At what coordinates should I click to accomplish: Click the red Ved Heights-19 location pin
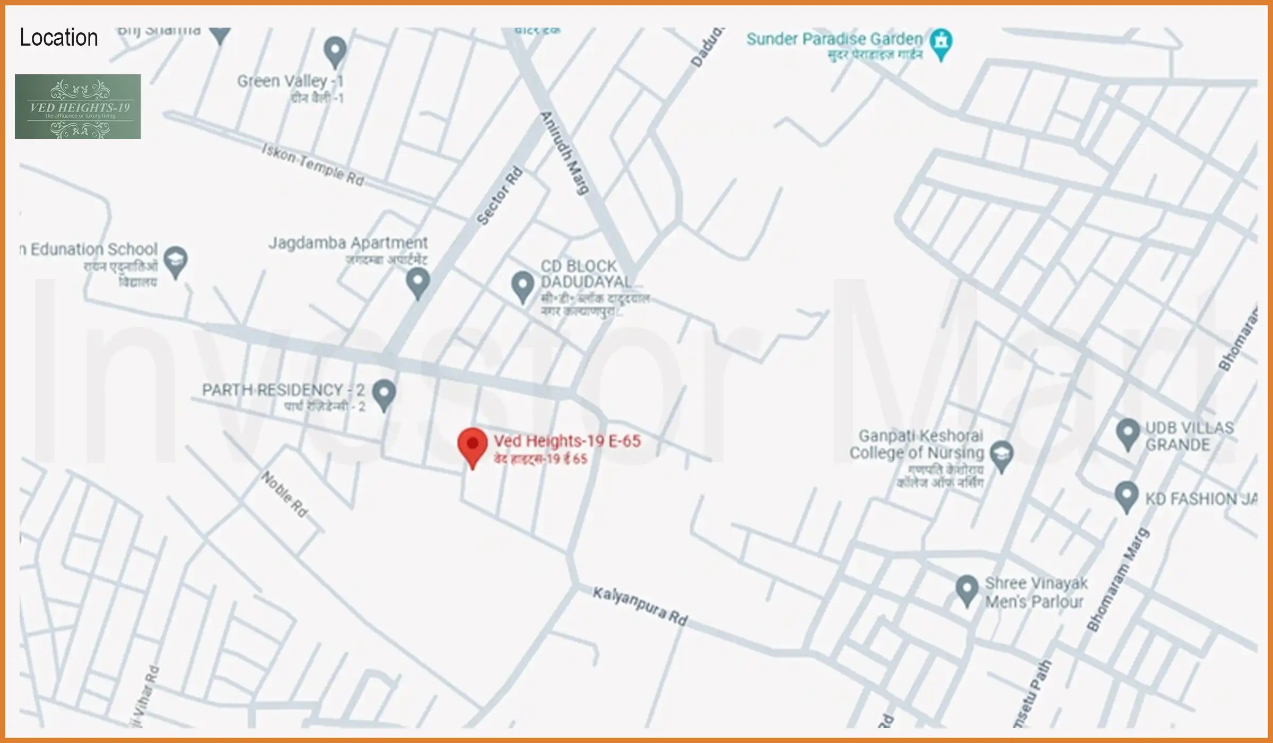pyautogui.click(x=473, y=445)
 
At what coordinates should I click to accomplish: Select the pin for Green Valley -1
pyautogui.click(x=335, y=51)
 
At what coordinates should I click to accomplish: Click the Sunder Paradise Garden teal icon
pyautogui.click(x=941, y=42)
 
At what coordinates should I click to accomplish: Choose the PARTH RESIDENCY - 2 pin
pyautogui.click(x=384, y=393)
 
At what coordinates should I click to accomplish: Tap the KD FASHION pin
pyautogui.click(x=1126, y=496)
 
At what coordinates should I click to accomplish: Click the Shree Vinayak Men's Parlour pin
pyautogui.click(x=966, y=589)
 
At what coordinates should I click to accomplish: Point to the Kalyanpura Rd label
pyautogui.click(x=640, y=606)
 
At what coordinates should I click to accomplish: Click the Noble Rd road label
pyautogui.click(x=285, y=494)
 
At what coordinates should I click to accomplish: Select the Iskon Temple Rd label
pyautogui.click(x=313, y=165)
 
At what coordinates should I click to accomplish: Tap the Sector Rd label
pyautogui.click(x=499, y=196)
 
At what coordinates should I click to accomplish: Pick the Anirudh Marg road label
pyautogui.click(x=565, y=153)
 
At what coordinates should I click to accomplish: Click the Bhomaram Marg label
pyautogui.click(x=1118, y=580)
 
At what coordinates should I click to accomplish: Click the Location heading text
pyautogui.click(x=59, y=38)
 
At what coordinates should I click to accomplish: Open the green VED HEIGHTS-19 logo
pyautogui.click(x=78, y=107)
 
